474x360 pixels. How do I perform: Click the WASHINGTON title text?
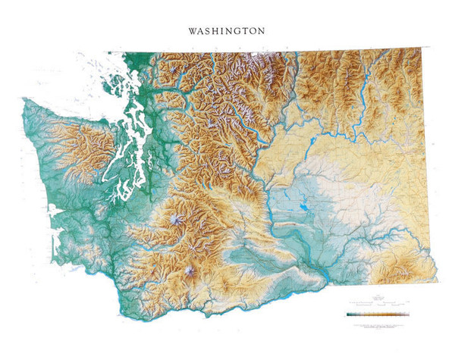click(x=227, y=32)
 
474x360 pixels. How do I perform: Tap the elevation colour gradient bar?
click(x=377, y=312)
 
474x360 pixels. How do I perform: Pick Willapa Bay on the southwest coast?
click(x=53, y=231)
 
